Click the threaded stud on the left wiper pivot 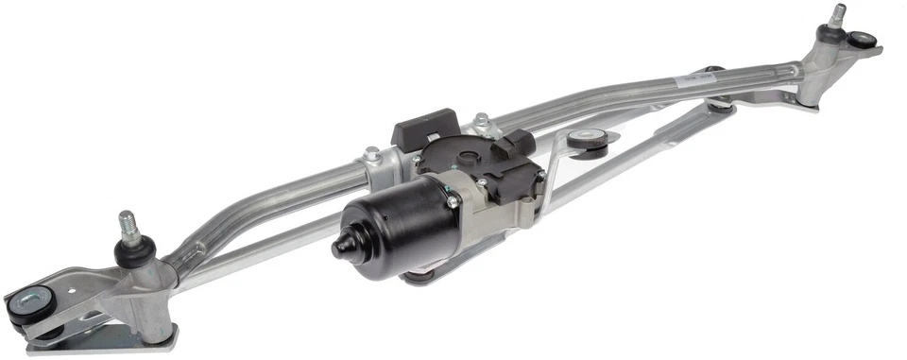pyautogui.click(x=125, y=225)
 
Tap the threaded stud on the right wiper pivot pyautogui.click(x=837, y=15)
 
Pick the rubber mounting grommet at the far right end pyautogui.click(x=862, y=40)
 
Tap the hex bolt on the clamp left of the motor pyautogui.click(x=372, y=153)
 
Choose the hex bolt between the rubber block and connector pyautogui.click(x=481, y=120)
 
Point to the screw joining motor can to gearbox pyautogui.click(x=452, y=201)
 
